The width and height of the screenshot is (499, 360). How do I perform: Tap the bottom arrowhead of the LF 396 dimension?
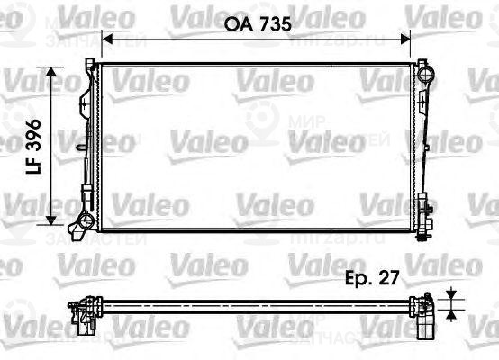[x=57, y=222]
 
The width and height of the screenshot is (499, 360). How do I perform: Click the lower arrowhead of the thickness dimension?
[x=450, y=317]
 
